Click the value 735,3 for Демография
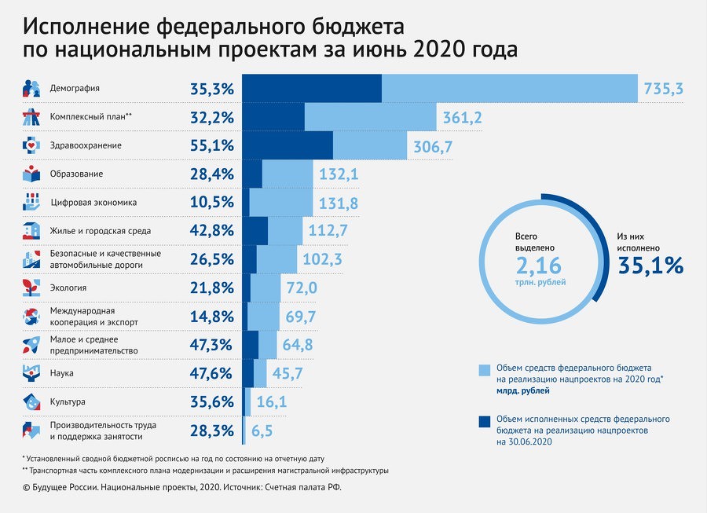coord(663,89)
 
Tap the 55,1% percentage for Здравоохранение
coord(212,146)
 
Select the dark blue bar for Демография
coord(311,88)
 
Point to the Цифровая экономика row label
coord(93,203)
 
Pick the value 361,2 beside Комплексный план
coord(462,118)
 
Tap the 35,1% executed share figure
coord(650,266)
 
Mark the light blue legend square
coord(485,370)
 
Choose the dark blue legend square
coord(485,422)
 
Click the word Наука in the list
coord(64,373)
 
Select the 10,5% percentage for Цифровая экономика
coord(212,203)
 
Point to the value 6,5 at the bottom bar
coord(262,431)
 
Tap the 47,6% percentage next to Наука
coord(212,374)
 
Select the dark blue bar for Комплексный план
coord(273,117)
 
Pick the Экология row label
coord(68,288)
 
